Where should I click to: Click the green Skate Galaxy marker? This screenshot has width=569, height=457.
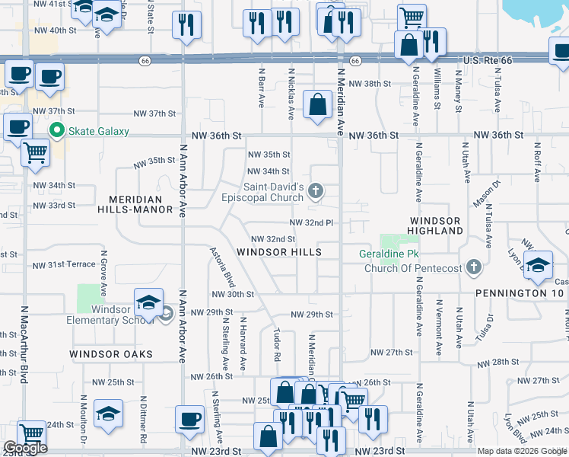click(56, 131)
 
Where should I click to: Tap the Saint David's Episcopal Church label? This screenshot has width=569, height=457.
click(275, 192)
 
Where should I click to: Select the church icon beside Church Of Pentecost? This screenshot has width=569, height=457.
click(474, 267)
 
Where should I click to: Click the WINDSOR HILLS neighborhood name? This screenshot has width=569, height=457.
click(278, 252)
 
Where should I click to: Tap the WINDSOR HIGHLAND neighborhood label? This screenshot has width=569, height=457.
click(436, 225)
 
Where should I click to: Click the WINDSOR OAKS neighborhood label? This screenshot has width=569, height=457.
click(111, 354)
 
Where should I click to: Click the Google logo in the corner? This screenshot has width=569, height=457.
click(25, 448)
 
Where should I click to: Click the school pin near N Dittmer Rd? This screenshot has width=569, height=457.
click(108, 414)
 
